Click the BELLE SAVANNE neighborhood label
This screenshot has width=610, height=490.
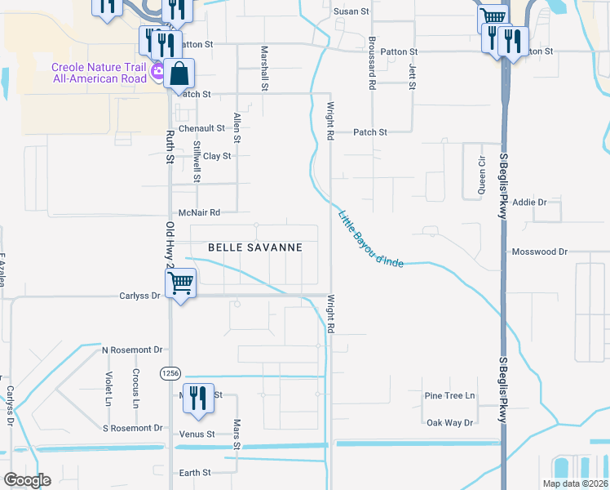click(x=255, y=247)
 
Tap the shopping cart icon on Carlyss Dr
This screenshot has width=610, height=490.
click(x=180, y=283)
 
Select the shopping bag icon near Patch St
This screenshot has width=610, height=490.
click(x=179, y=74)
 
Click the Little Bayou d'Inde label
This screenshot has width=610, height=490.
click(x=371, y=238)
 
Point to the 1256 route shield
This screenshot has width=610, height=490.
click(x=170, y=372)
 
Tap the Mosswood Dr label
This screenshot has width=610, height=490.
click(x=539, y=252)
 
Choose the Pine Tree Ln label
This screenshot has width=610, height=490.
click(x=449, y=395)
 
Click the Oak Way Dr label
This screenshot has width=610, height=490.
click(x=449, y=422)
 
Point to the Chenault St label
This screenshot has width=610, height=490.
click(x=201, y=128)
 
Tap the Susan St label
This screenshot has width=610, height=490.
click(x=351, y=11)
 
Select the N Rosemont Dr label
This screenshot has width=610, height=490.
click(x=132, y=350)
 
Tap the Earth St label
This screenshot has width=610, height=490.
click(x=195, y=472)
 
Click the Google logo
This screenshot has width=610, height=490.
click(x=27, y=480)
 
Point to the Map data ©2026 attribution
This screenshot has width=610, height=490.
click(x=575, y=483)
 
